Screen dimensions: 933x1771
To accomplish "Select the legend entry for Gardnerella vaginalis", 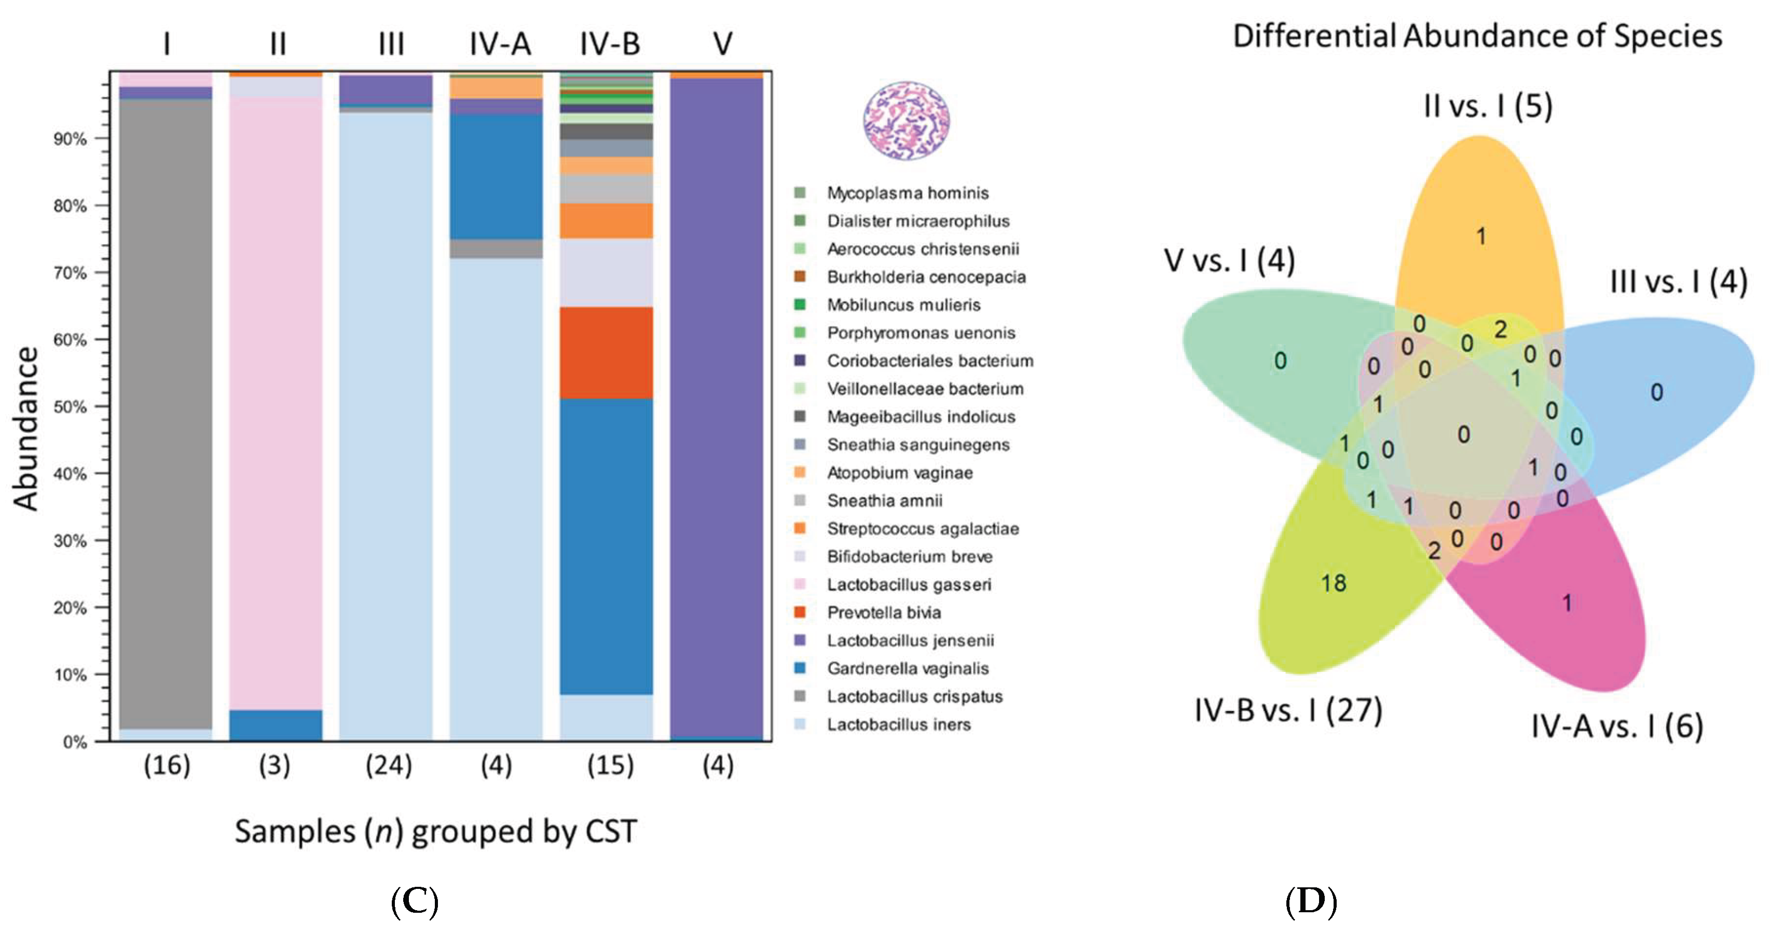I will pyautogui.click(x=907, y=668).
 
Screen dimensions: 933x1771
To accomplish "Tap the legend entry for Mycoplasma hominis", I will pyautogui.click(x=907, y=193).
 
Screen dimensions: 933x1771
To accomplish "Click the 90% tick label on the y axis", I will pyautogui.click(x=70, y=139).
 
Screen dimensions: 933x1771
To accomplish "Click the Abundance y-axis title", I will pyautogui.click(x=26, y=428).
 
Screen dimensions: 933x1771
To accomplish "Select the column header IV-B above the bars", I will pyautogui.click(x=610, y=44).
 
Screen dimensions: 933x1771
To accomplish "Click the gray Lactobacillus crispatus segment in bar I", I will pyautogui.click(x=166, y=413).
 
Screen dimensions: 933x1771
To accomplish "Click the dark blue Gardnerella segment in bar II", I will pyautogui.click(x=275, y=725).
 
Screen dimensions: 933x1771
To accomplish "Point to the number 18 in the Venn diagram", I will pyautogui.click(x=1333, y=583).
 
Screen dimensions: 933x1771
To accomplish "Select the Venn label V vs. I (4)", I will pyautogui.click(x=1229, y=260).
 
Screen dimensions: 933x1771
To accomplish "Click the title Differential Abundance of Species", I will pyautogui.click(x=1477, y=36).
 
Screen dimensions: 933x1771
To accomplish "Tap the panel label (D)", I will pyautogui.click(x=1310, y=901).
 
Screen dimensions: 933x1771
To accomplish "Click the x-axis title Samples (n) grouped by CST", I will pyautogui.click(x=436, y=831).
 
